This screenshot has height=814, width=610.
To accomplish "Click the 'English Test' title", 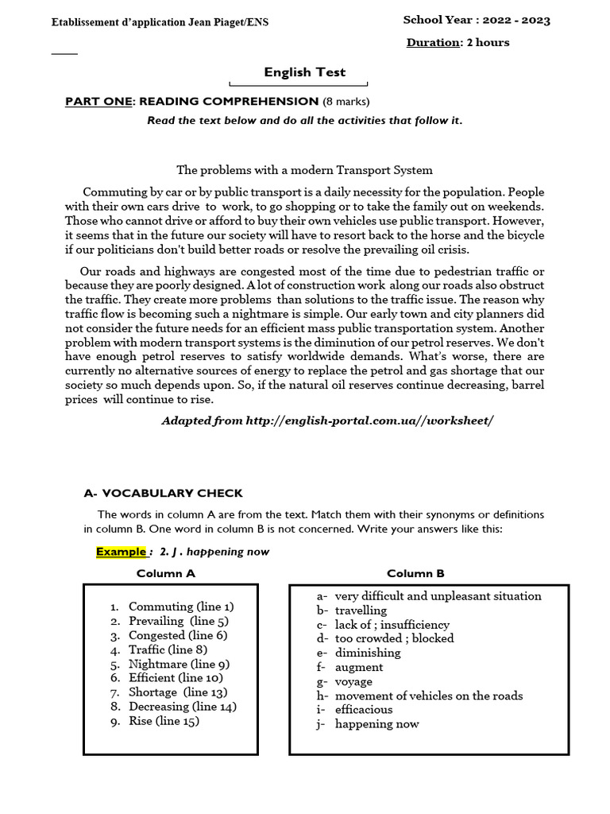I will (x=305, y=72).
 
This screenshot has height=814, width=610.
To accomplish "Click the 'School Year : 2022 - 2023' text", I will (x=477, y=20).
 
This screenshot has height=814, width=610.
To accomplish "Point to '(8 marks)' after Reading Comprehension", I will (x=346, y=101).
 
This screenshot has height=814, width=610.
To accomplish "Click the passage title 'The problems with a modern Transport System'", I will (x=304, y=169).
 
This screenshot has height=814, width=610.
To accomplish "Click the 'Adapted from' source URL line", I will (x=327, y=419).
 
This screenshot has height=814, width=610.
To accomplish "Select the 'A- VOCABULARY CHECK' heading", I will (x=163, y=493).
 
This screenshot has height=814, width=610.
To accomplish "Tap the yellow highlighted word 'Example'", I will (x=122, y=552).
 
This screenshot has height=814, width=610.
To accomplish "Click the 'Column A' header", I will (x=166, y=573).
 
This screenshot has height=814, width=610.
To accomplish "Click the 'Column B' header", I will (x=415, y=573).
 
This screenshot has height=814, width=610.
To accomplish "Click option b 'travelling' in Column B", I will (x=361, y=610).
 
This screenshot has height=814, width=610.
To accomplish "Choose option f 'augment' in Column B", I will (x=358, y=668).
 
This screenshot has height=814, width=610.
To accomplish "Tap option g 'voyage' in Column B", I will (x=353, y=682).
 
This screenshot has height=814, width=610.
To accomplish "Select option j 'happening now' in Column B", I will (x=376, y=724).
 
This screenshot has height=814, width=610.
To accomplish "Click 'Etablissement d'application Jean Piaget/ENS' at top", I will (x=160, y=22).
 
